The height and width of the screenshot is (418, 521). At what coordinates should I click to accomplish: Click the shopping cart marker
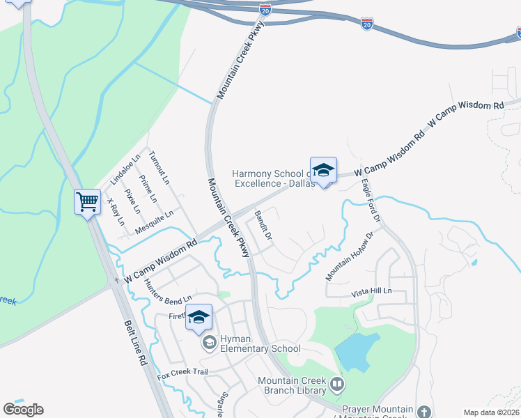pos(88,202)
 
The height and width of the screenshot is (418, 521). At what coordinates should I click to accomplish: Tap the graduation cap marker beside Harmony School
pos(322,170)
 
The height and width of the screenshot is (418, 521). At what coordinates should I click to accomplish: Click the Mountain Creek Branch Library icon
pos(337,384)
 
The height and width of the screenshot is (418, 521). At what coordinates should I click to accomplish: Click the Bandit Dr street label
pos(263,226)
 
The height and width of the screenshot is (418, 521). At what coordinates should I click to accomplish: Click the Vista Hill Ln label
pos(372,291)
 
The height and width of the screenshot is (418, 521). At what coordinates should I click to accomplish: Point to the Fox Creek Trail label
pos(182,372)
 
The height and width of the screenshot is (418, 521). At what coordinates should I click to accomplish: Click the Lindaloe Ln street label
pos(125,170)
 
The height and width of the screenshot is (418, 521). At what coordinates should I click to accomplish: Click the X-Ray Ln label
pos(116,212)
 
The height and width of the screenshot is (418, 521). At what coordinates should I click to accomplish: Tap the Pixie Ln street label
pos(132,201)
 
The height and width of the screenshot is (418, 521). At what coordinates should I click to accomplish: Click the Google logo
pos(23,410)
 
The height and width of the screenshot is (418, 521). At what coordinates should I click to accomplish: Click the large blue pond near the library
pos(357,352)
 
